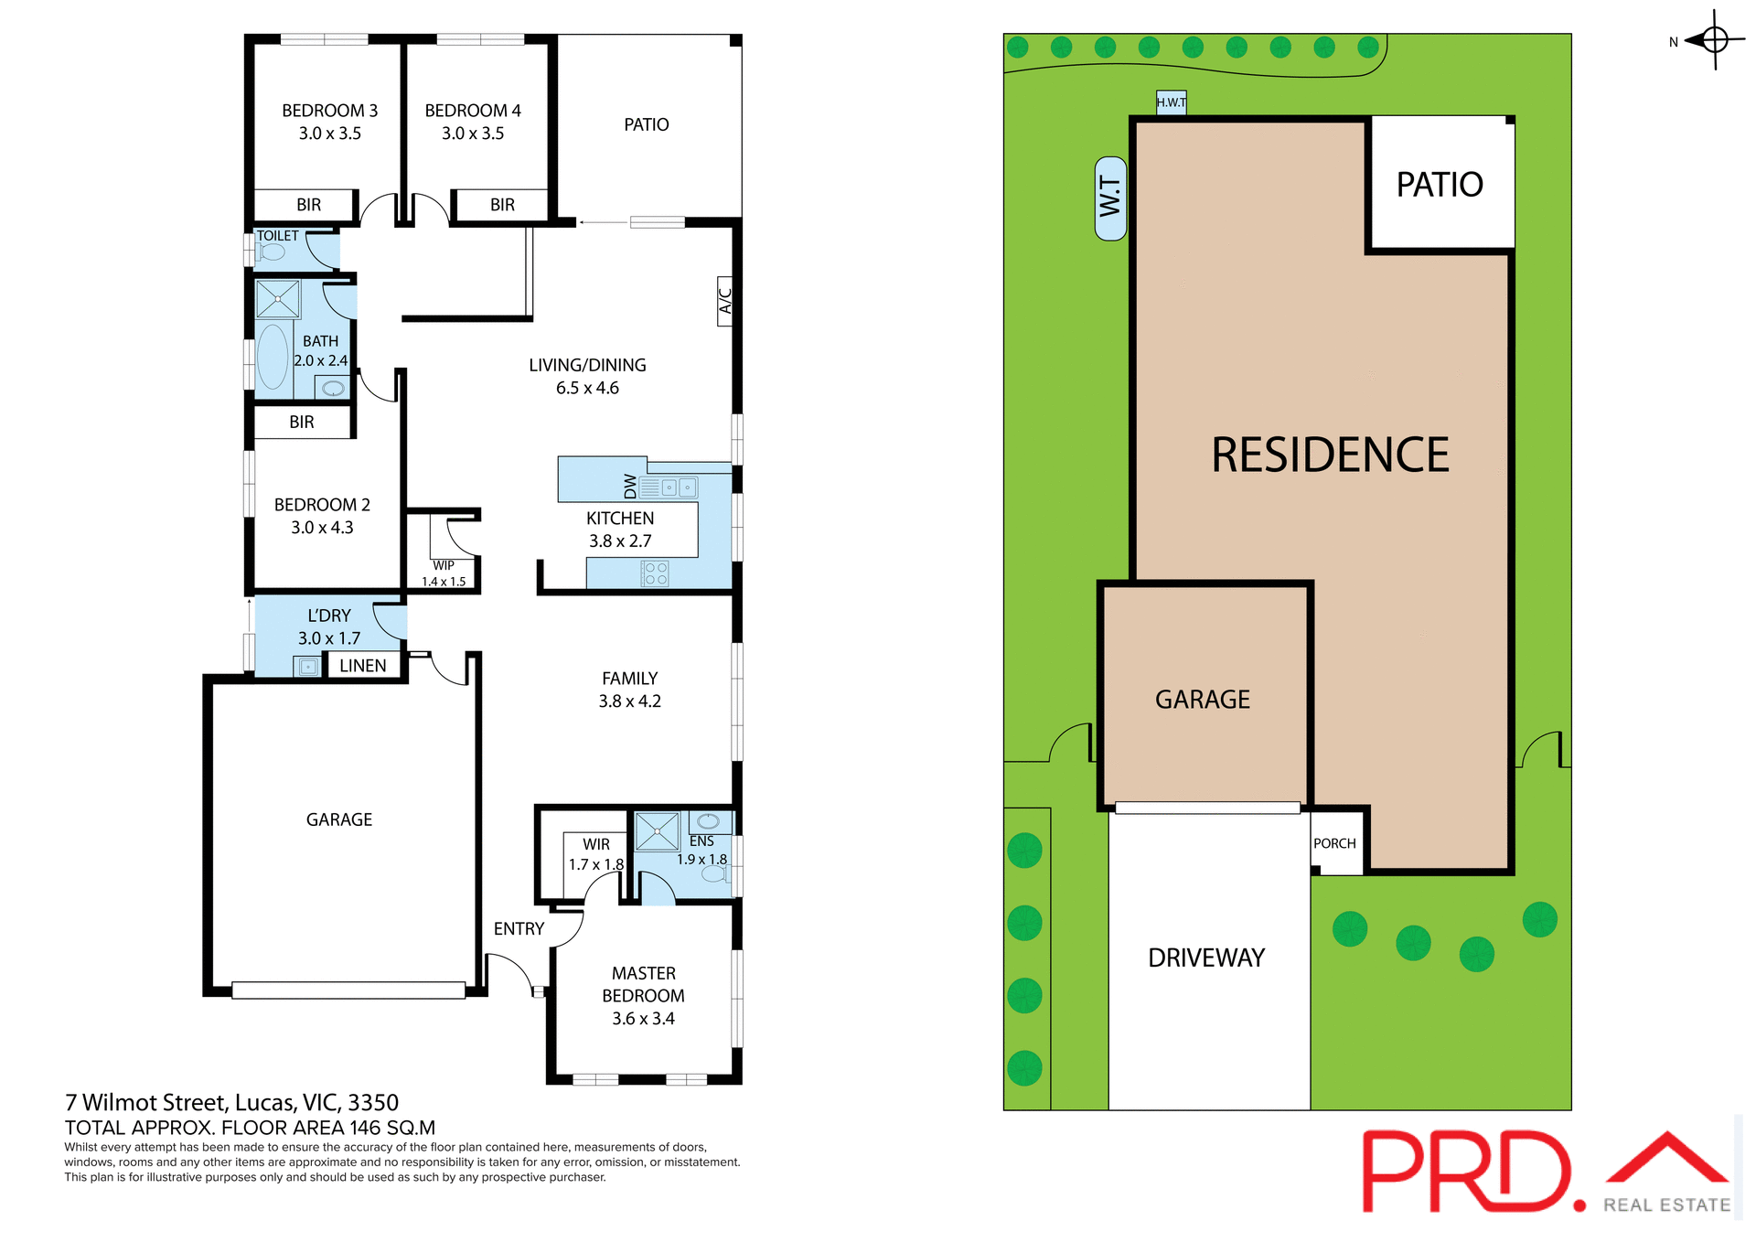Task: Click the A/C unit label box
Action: (724, 301)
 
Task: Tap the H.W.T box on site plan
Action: (1171, 102)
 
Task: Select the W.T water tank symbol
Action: (1110, 198)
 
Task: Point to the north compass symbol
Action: (1714, 40)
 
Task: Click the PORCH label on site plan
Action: (1334, 843)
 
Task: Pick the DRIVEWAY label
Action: (1206, 958)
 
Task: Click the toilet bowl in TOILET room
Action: (272, 252)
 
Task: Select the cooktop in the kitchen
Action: (655, 573)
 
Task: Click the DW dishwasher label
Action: (630, 486)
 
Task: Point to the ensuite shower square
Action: (657, 831)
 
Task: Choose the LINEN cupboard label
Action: (363, 666)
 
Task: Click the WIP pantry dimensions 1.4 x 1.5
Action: (444, 582)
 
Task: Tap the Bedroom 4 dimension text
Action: (473, 134)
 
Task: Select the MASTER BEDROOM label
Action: (644, 984)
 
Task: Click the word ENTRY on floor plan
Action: (519, 929)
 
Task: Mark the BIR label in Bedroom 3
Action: (309, 205)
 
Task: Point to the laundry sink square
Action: (308, 667)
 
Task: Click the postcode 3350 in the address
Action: (373, 1102)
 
